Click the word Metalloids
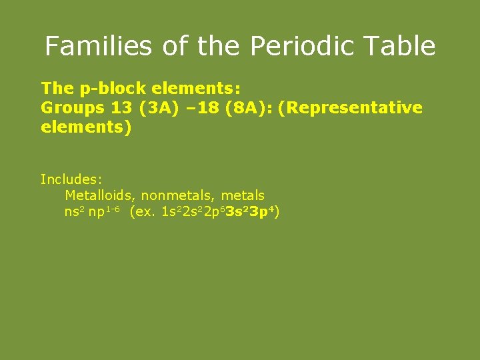[x=100, y=196]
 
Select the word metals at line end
[x=243, y=196]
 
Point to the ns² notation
[x=73, y=213]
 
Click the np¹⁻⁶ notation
[x=103, y=213]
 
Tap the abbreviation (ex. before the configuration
[x=143, y=213]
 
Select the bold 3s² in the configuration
[x=237, y=213]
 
